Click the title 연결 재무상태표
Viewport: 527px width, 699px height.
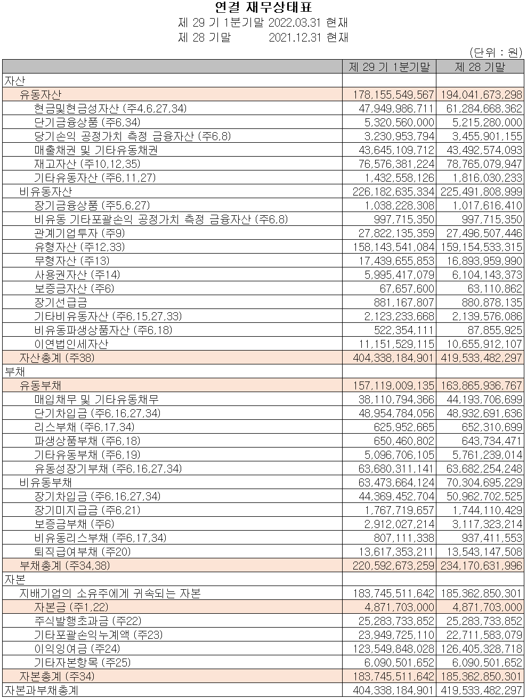click(263, 7)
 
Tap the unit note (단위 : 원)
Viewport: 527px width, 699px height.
click(495, 52)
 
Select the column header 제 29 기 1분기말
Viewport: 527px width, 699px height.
click(389, 67)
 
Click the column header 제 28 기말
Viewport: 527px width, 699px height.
click(480, 67)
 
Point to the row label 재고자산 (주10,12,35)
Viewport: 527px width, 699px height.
click(87, 164)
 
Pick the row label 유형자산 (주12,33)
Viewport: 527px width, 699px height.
click(80, 247)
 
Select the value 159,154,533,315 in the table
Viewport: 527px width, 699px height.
click(481, 247)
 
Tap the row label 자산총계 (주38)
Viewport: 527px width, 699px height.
click(57, 357)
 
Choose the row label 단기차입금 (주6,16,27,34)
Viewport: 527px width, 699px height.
click(97, 413)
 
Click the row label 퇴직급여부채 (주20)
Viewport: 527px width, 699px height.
click(83, 551)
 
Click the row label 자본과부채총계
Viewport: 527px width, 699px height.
click(42, 690)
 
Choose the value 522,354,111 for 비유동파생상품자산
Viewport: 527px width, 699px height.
click(403, 330)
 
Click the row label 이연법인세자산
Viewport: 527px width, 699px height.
click(71, 344)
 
